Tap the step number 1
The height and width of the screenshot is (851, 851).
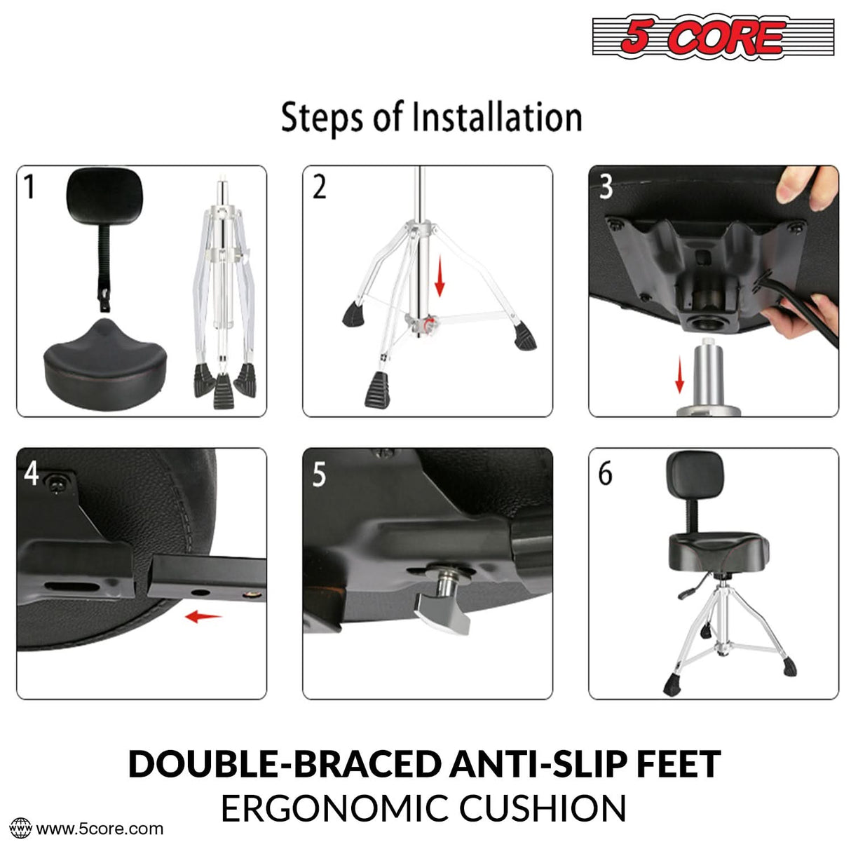(x=29, y=187)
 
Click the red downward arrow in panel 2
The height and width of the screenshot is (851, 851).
(x=440, y=278)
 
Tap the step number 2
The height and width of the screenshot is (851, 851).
(x=319, y=188)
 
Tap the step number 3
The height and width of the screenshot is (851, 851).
(x=606, y=187)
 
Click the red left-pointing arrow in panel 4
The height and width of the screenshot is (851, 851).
(x=203, y=617)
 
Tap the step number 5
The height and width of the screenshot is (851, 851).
(x=319, y=475)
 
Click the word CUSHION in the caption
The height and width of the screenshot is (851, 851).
(x=543, y=808)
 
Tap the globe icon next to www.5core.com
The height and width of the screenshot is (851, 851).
(x=22, y=828)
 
